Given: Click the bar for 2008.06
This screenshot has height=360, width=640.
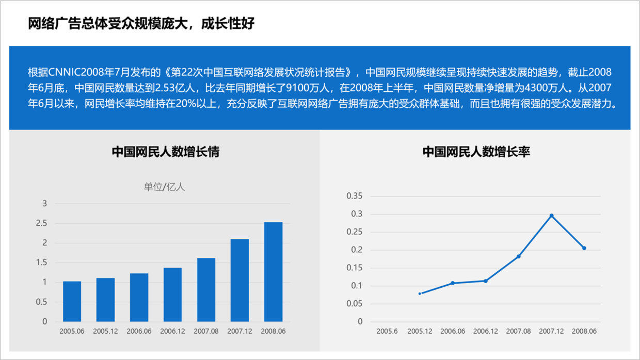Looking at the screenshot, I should (273, 272).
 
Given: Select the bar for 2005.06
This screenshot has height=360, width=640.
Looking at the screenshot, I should (72, 301).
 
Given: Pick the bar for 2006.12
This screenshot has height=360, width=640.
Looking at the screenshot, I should (172, 294).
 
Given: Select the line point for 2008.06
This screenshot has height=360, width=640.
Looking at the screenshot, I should (584, 248).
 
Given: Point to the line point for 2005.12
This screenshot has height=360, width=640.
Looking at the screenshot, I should (420, 293).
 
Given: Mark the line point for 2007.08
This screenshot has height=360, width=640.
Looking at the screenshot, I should (518, 256).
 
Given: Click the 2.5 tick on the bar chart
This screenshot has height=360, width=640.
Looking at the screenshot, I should (41, 223).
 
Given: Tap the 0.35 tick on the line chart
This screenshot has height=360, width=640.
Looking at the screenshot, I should (355, 196).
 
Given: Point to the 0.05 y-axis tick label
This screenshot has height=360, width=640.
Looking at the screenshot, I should (355, 304).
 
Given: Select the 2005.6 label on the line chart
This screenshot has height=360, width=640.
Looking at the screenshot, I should (387, 331).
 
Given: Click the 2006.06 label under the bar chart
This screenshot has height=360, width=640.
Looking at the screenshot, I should (139, 331).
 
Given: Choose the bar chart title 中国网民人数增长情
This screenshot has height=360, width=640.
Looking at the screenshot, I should (165, 152).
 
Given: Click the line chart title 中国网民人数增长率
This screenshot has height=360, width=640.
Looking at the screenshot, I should (476, 152).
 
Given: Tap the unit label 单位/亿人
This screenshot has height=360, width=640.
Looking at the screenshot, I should (164, 187).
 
